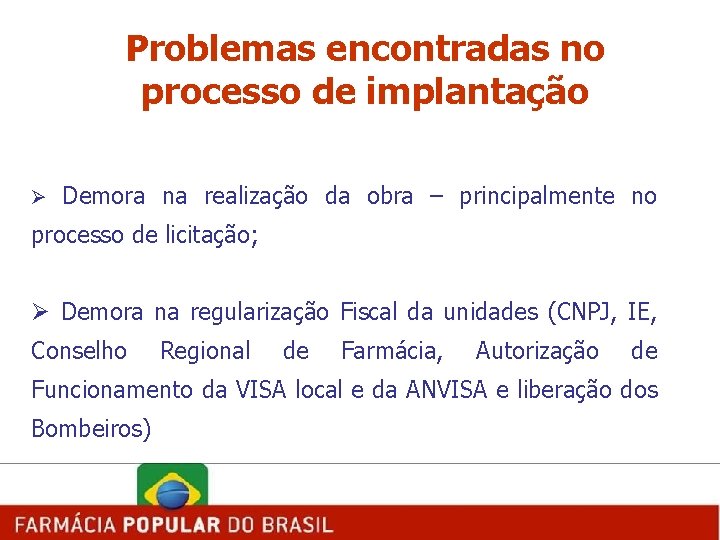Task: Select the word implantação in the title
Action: [x=477, y=92]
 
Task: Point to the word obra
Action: [x=389, y=196]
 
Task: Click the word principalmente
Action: [x=536, y=196]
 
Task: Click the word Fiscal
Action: [x=369, y=312]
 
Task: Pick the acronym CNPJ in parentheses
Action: [x=583, y=312]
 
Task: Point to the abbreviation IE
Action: [x=641, y=312]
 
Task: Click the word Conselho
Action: [x=79, y=351]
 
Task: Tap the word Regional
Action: [x=205, y=351]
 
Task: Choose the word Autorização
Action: [x=537, y=351]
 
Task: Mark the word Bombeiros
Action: [x=90, y=429]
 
